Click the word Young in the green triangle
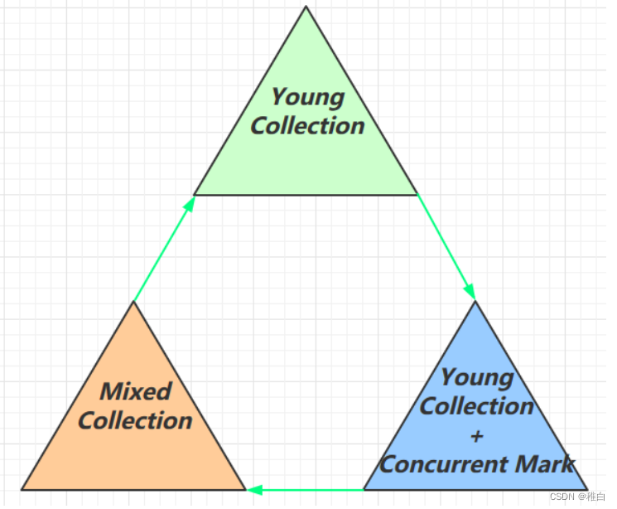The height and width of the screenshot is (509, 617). point(307,98)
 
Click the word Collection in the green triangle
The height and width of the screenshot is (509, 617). point(307,126)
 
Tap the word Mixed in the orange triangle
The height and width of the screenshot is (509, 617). point(136,391)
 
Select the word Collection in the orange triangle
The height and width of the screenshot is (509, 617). point(135,420)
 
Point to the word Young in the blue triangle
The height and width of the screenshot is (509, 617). point(476,378)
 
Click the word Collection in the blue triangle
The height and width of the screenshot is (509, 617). point(477,406)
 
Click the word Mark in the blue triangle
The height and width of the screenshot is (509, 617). point(543,464)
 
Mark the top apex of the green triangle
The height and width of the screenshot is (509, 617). point(306,7)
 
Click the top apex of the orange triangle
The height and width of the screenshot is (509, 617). point(133,302)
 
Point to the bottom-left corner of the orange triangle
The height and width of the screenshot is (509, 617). point(22,489)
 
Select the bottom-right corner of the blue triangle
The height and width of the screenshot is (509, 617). point(586,489)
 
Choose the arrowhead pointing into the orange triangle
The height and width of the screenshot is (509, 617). point(255,490)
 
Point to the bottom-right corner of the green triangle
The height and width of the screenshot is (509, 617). point(417,195)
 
